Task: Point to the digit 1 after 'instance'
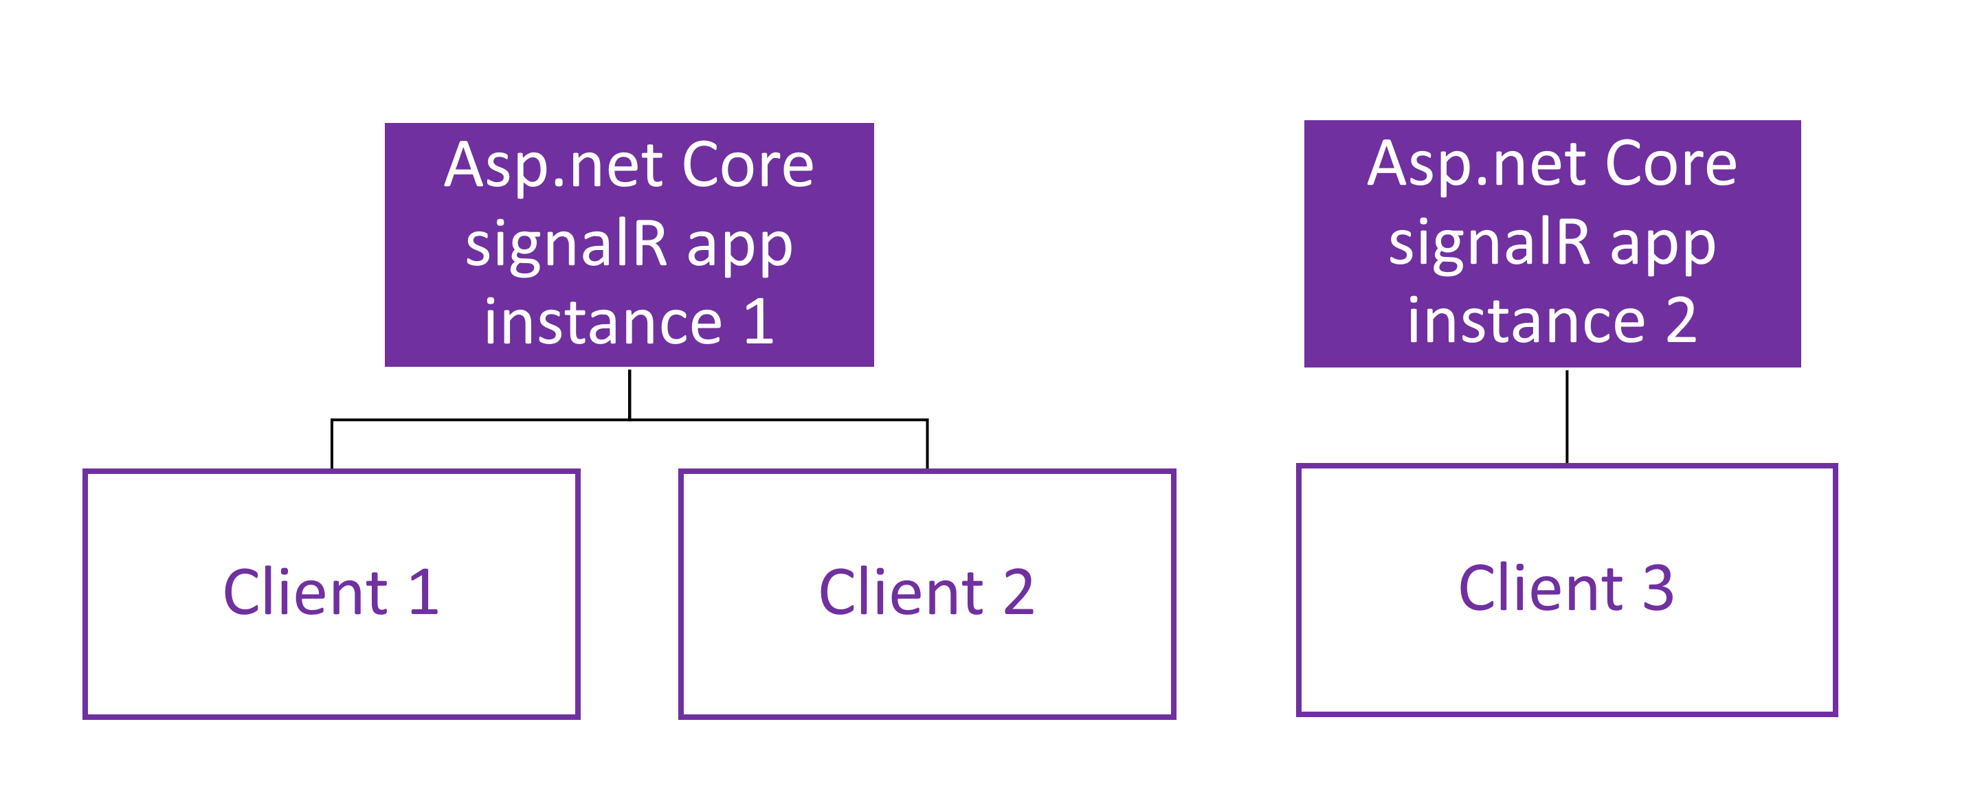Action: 759,321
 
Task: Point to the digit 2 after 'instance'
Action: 1681,320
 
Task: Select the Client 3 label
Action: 1567,588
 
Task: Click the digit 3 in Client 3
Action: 1658,588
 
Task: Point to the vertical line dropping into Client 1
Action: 332,444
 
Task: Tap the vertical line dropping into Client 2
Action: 927,444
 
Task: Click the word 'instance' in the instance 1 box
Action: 603,321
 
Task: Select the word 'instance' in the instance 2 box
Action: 1526,320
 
